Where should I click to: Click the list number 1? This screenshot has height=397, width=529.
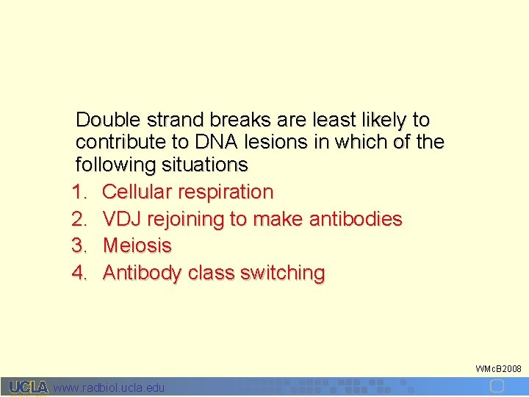click(x=79, y=192)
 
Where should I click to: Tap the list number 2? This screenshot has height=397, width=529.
click(x=79, y=219)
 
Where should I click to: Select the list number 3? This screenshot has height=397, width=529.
click(x=79, y=246)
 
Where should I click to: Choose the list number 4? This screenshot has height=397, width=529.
click(x=79, y=273)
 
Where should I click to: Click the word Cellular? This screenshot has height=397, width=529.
click(x=137, y=192)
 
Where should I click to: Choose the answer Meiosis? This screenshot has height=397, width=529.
click(x=137, y=246)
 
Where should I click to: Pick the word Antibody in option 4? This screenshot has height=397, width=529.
click(x=143, y=273)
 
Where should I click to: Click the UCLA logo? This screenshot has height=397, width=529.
click(x=29, y=387)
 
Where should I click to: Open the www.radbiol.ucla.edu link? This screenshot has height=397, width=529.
click(x=109, y=387)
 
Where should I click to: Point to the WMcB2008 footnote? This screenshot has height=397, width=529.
click(x=498, y=368)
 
